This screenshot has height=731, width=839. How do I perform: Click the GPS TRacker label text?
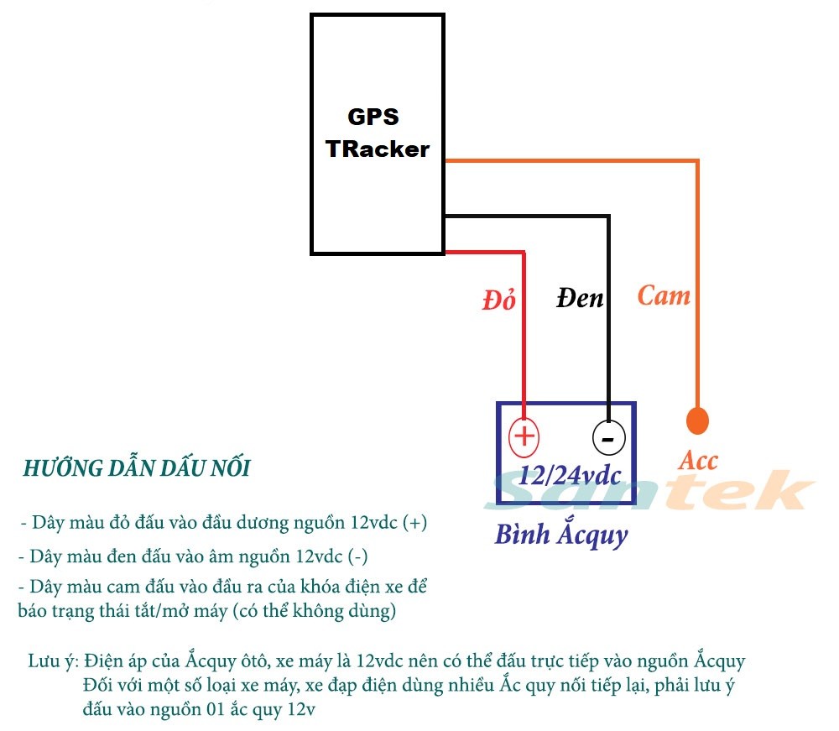[377, 133]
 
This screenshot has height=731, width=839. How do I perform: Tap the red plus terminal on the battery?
[524, 436]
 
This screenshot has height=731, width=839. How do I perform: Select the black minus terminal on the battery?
[608, 437]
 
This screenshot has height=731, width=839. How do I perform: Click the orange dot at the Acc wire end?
[697, 420]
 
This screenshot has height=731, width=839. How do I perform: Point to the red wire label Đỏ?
[499, 300]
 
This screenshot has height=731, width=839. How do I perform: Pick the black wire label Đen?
[580, 297]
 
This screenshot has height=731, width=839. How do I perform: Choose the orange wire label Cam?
[664, 295]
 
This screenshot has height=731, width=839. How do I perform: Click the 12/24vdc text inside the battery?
[570, 476]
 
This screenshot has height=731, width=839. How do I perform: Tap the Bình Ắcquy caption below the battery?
[560, 534]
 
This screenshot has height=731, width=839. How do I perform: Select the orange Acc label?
[698, 460]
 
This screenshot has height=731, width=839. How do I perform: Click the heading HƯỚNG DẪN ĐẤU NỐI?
[136, 468]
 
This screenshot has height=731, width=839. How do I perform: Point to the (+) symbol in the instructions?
[414, 522]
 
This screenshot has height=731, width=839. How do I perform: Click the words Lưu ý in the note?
[53, 661]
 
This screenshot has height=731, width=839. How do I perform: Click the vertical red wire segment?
[524, 336]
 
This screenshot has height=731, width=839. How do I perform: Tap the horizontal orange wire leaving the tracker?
[571, 160]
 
